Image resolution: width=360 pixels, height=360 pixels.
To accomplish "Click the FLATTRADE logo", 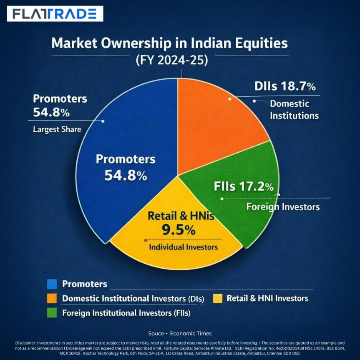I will coord(55,14).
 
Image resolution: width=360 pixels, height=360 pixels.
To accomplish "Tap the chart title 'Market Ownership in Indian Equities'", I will coord(169,44).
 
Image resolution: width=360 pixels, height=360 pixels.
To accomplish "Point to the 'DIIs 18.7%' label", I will coord(285,87).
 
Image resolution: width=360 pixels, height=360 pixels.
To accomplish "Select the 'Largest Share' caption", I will coord(57,129).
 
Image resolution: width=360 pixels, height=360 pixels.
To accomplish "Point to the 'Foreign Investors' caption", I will coord(283,206).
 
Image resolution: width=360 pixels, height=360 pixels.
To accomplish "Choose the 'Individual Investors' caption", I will coord(184,247).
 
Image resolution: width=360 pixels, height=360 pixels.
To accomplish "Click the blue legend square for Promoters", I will coord(52,284).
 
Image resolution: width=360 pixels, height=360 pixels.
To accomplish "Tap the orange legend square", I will coord(52,299).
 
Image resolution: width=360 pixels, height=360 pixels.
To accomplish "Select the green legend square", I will coord(52,312).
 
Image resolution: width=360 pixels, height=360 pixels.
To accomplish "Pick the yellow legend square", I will coord(217,299).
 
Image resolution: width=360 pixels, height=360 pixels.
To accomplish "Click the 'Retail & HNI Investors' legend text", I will coord(267,298).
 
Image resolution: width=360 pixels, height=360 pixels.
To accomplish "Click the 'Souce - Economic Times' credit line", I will coord(180,333).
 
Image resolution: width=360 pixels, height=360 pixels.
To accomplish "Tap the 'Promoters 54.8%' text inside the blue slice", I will coord(125,167).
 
